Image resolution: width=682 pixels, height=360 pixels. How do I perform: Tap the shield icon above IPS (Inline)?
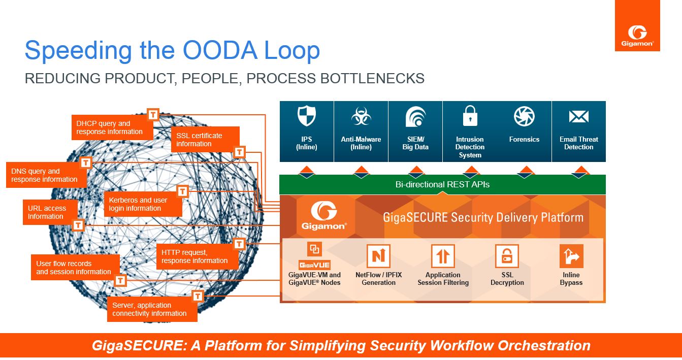click(306, 116)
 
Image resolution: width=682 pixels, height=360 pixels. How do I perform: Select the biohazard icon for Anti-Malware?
click(361, 117)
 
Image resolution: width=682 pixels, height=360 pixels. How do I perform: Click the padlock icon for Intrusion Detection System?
click(470, 116)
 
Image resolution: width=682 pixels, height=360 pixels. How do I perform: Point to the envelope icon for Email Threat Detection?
click(578, 117)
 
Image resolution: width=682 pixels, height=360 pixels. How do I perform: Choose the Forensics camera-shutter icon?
click(524, 116)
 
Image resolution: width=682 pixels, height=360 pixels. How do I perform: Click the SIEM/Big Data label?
click(415, 143)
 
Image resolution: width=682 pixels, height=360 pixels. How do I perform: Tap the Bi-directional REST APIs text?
click(442, 184)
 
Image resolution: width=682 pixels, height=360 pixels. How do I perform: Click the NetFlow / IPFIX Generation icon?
click(378, 256)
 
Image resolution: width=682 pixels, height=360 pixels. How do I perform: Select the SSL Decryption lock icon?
click(507, 256)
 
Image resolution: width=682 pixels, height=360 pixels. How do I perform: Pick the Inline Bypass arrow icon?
click(571, 256)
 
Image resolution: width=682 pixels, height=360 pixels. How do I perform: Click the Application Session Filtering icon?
click(443, 256)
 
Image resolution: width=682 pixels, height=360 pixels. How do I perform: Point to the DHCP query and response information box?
click(110, 127)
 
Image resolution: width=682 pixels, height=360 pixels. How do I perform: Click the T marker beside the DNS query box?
click(86, 162)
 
